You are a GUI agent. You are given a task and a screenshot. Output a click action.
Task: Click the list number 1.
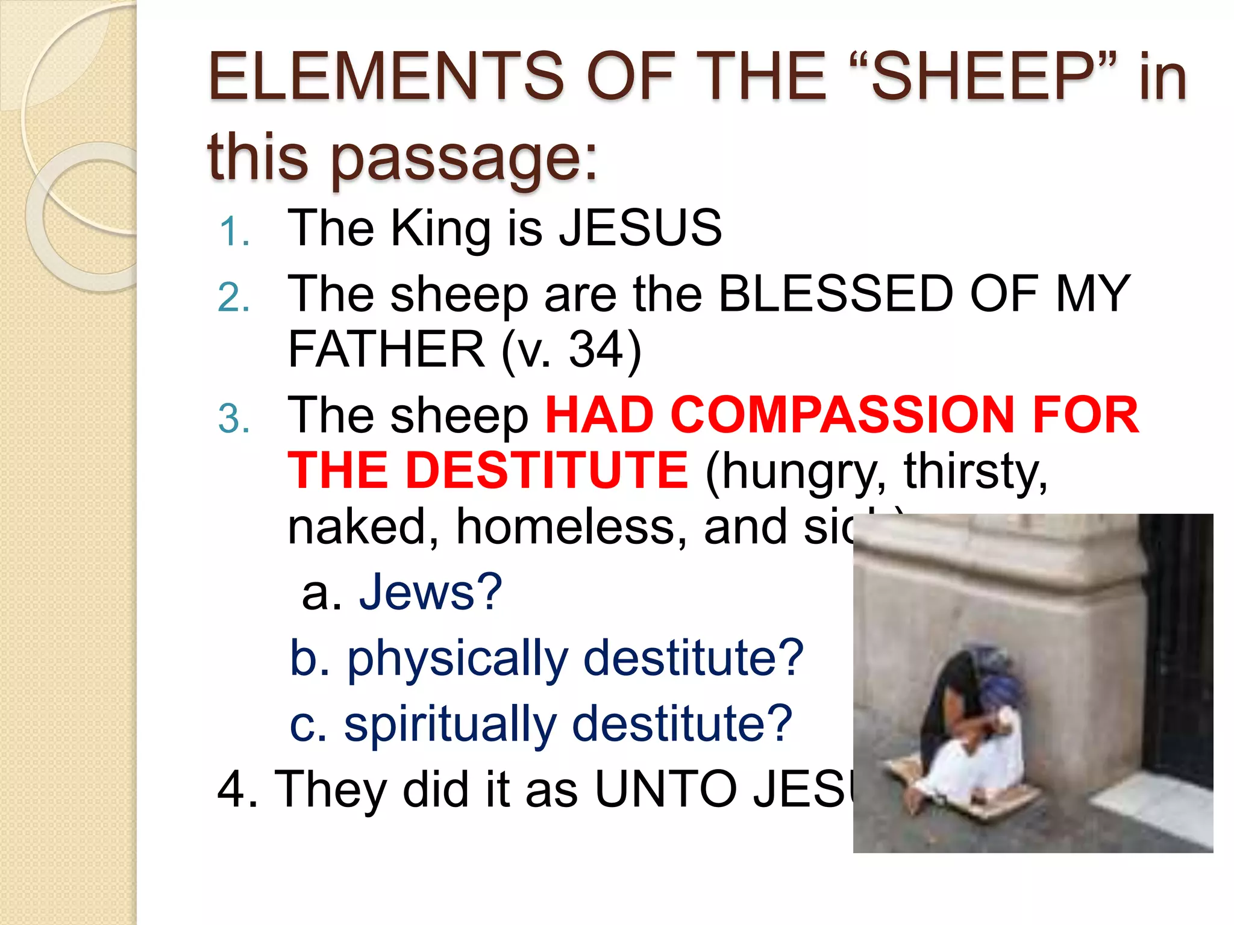point(234,232)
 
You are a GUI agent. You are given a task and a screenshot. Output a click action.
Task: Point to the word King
point(440,229)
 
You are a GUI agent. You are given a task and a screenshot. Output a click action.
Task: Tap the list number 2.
point(234,298)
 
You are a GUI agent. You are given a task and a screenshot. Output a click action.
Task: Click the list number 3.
point(234,419)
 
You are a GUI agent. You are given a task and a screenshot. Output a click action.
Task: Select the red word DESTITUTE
point(546,470)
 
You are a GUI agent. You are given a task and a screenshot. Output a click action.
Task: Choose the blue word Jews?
point(430,592)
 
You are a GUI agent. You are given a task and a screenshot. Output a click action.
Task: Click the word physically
point(457,658)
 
